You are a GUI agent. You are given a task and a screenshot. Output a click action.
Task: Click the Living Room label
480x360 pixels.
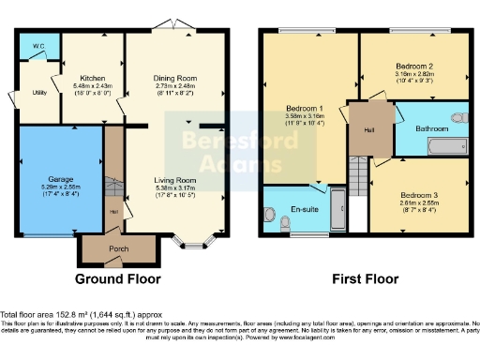coord(174,179)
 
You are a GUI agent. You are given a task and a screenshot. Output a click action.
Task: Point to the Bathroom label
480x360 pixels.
coord(432,128)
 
